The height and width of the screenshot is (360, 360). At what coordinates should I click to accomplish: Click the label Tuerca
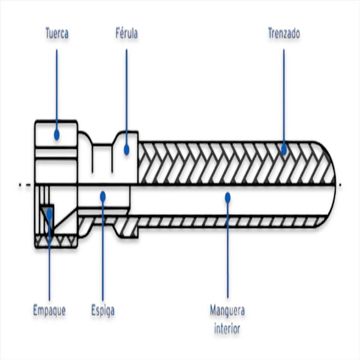point(57,34)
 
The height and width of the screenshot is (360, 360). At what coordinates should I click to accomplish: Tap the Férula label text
point(127,34)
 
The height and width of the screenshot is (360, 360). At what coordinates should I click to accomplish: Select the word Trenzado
point(283,34)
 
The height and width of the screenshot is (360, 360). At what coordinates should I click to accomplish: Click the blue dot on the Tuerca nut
point(57,134)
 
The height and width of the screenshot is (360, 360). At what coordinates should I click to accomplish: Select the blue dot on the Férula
point(127,149)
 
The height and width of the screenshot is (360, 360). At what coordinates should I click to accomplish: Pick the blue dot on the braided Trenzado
point(283,149)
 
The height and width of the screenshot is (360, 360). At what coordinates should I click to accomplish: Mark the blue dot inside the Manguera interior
point(227,195)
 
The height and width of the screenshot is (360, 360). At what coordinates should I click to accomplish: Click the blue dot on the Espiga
point(103,195)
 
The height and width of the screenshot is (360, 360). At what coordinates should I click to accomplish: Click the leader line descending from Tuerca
point(57,90)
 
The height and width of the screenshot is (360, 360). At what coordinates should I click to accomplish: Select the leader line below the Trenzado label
point(283,96)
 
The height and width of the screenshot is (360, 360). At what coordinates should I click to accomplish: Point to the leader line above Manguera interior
point(227,252)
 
